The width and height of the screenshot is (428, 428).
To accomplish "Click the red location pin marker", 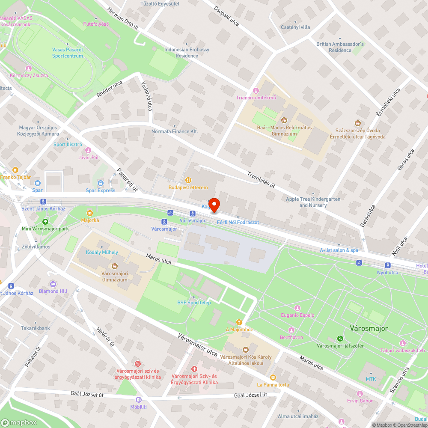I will click(214, 205).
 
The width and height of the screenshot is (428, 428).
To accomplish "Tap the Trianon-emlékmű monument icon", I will click(256, 90).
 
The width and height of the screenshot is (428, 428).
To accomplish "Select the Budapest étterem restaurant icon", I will click(187, 180).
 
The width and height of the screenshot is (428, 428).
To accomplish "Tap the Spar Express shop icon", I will click(101, 183).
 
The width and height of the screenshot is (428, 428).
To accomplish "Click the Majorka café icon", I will click(90, 213).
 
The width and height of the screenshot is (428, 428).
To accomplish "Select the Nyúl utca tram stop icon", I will click(388, 265).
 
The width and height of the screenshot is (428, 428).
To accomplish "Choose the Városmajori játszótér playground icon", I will click(340, 339).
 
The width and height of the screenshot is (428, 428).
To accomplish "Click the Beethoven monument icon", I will click(291, 330).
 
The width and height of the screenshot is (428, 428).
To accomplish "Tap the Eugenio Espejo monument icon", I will click(297, 308).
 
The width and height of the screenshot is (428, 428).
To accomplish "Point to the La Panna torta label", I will click(273, 384).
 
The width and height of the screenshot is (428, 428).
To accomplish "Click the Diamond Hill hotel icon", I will click(53, 284).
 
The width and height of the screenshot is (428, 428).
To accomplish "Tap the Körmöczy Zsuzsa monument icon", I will click(29, 68).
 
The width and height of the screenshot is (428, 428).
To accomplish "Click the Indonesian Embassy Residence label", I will click(187, 53).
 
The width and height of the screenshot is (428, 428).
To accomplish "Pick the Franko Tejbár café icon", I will click(16, 170).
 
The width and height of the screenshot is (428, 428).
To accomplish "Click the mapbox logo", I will click(19, 422).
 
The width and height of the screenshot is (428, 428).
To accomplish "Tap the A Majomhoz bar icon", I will click(239, 322).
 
